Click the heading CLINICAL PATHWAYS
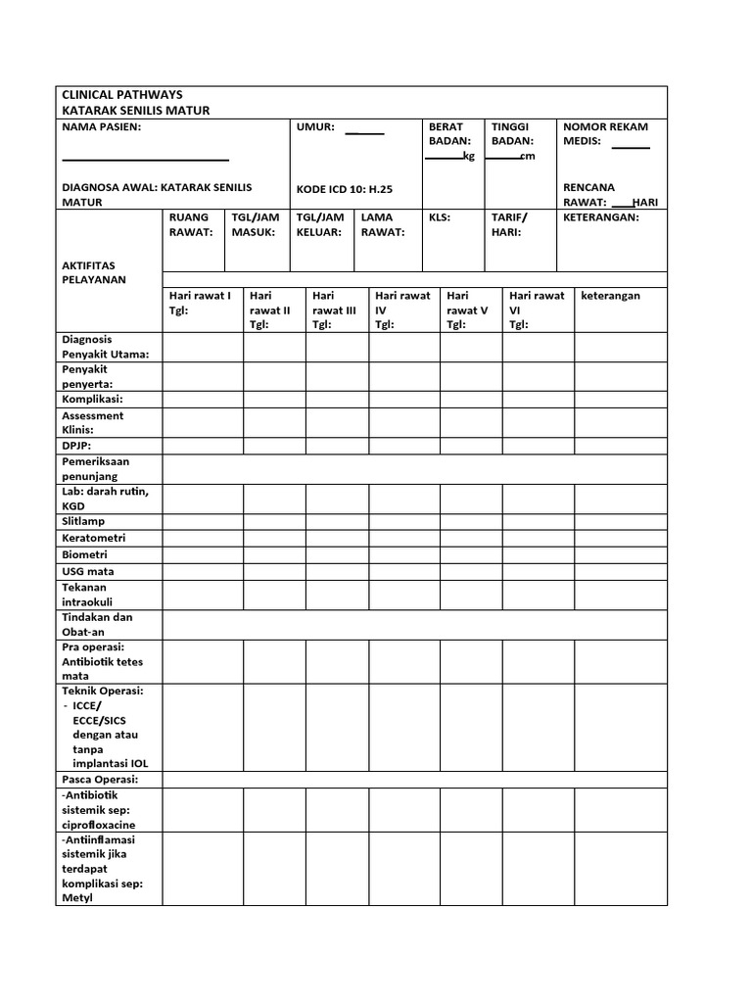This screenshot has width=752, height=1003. [x=121, y=95]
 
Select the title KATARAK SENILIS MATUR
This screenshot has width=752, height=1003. [x=136, y=111]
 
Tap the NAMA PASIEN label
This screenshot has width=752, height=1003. [x=101, y=127]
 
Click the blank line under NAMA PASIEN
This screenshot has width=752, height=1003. [x=145, y=159]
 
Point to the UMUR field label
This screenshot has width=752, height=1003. [x=315, y=127]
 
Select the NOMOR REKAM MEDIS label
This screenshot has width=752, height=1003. [x=605, y=134]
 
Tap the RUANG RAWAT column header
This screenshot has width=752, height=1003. [x=190, y=224]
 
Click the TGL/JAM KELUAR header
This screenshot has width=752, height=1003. [x=319, y=224]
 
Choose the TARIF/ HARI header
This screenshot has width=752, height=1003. [x=509, y=224]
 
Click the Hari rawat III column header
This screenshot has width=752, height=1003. [x=334, y=310]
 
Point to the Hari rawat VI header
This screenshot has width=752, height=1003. [x=537, y=310]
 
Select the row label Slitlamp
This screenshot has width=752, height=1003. [x=83, y=522]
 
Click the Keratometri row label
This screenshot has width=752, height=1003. [x=94, y=539]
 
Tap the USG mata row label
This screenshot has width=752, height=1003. [x=88, y=571]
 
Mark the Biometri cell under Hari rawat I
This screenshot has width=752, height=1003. [x=203, y=555]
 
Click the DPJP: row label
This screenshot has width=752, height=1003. [x=76, y=445]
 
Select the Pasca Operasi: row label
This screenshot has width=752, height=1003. [x=100, y=779]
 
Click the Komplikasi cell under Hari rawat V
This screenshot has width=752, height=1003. [x=471, y=400]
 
